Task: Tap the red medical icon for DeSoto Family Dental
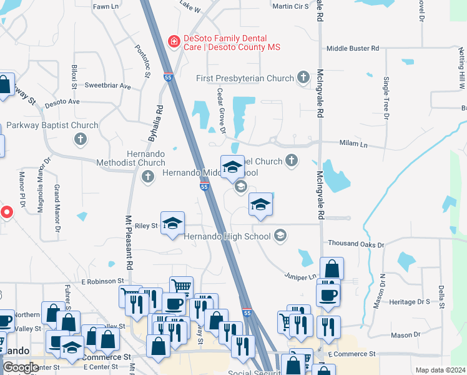click(174, 42)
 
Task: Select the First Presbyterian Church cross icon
click(303, 78)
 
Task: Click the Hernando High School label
click(227, 236)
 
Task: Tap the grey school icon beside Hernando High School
click(280, 236)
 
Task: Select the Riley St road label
click(147, 226)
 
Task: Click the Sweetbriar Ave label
click(107, 86)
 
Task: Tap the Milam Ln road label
click(353, 144)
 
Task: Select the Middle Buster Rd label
click(353, 48)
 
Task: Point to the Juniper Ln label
click(300, 276)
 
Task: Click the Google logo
click(20, 367)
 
